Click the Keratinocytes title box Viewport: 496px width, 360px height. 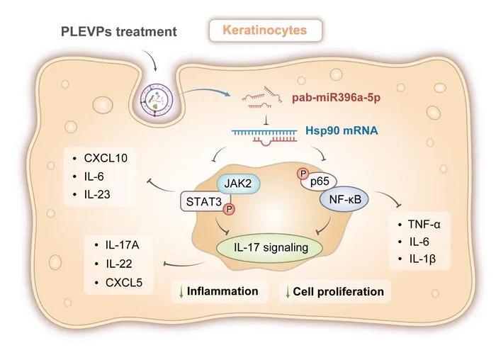pyautogui.click(x=266, y=30)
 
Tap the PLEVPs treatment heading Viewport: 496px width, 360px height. pyautogui.click(x=118, y=32)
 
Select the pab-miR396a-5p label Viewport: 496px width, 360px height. pyautogui.click(x=336, y=98)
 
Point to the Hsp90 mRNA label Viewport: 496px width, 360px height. pyautogui.click(x=342, y=130)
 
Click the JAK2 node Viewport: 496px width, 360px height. pyautogui.click(x=238, y=183)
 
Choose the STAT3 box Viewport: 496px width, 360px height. pyautogui.click(x=204, y=201)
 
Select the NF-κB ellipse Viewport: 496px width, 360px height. pyautogui.click(x=344, y=199)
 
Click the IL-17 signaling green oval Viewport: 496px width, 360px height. pyautogui.click(x=269, y=247)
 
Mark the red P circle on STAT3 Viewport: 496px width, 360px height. pyautogui.click(x=229, y=209)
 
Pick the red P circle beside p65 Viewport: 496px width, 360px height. pyautogui.click(x=303, y=174)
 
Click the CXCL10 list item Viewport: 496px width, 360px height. pyautogui.click(x=101, y=158)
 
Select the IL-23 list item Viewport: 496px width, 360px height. pyautogui.click(x=91, y=194)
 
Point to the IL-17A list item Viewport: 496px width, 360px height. pyautogui.click(x=117, y=245)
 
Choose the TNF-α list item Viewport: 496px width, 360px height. pyautogui.click(x=419, y=224)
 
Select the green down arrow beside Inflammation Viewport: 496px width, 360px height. pyautogui.click(x=181, y=292)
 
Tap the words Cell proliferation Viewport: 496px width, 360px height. pyautogui.click(x=339, y=291)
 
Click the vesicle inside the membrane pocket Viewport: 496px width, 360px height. pyautogui.click(x=157, y=100)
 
